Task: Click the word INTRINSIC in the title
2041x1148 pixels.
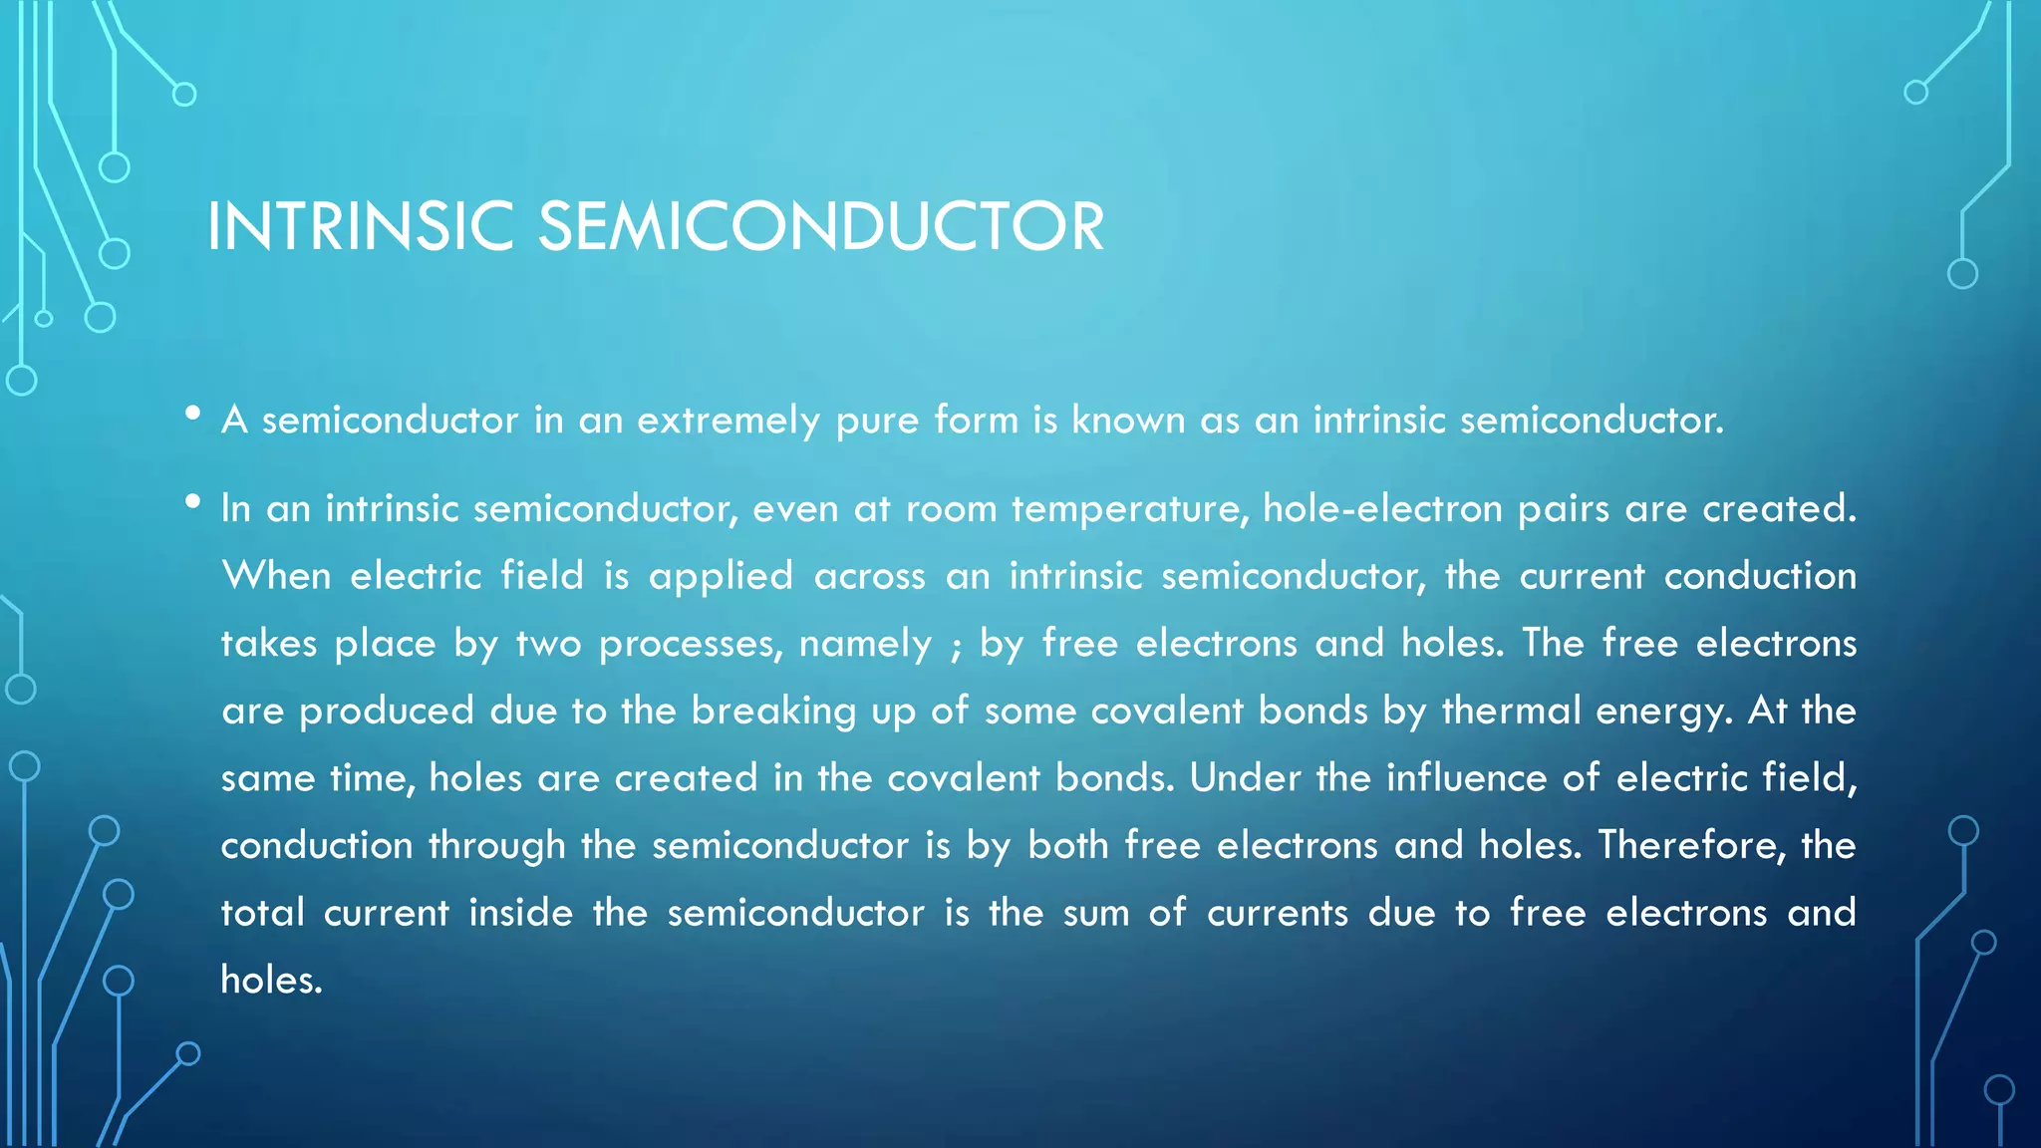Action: tap(360, 227)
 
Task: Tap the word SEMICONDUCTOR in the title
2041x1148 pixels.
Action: tap(821, 227)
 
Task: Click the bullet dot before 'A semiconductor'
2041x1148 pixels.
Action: tap(193, 414)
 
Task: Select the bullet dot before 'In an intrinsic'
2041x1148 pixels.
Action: tap(193, 502)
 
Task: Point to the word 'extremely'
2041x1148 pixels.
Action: tap(729, 421)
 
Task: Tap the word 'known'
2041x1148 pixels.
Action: tap(1128, 420)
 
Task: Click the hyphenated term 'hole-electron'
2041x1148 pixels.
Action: tap(1382, 509)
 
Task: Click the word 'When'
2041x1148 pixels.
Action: tap(276, 576)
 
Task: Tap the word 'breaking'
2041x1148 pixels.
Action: tap(773, 712)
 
